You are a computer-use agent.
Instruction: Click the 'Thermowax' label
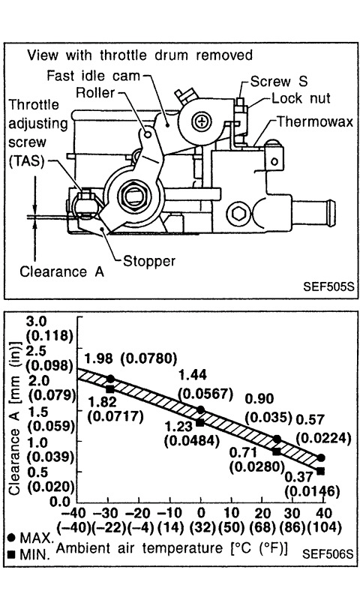pos(314,121)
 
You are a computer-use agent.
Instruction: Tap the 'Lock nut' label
pos(301,98)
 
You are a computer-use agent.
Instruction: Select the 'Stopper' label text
pos(149,261)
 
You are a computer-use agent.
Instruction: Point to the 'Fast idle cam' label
pos(93,76)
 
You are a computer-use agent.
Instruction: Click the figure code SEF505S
pos(328,286)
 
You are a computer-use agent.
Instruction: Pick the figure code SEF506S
pos(328,553)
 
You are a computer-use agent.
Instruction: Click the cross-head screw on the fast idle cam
pos(201,121)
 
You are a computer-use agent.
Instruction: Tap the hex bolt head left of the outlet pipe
pos(238,214)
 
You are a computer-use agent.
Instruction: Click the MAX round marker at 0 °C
pos(200,409)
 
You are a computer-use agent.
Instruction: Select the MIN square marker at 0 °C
pos(200,422)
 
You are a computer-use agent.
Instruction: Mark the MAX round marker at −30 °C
pos(110,379)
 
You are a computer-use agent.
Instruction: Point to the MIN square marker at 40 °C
pos(320,471)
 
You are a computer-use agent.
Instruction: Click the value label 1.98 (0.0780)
pos(130,358)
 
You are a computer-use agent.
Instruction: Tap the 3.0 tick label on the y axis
pos(36,321)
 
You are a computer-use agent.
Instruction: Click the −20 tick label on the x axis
pos(139,513)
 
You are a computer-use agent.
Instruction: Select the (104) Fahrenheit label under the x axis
pos(323,528)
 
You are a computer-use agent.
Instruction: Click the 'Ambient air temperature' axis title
pos(139,548)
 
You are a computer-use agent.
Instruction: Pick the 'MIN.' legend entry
pos(29,554)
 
